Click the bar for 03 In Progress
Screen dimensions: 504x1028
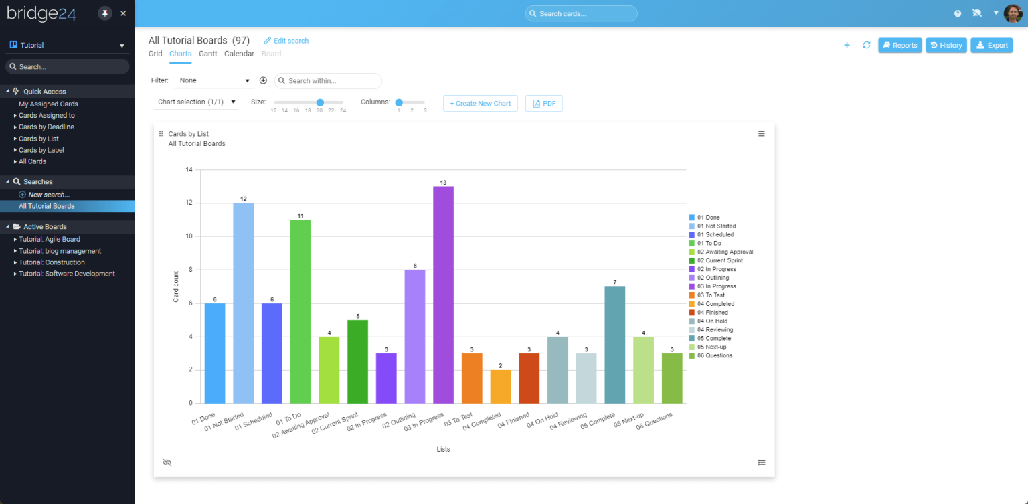pyautogui.click(x=443, y=295)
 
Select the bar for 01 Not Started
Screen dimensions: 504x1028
pyautogui.click(x=243, y=303)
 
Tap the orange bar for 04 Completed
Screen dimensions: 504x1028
pyautogui.click(x=500, y=386)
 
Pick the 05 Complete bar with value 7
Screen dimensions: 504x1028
pyautogui.click(x=614, y=345)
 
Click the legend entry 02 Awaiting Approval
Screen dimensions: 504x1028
pyautogui.click(x=725, y=252)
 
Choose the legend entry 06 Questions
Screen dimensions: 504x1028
pyautogui.click(x=714, y=355)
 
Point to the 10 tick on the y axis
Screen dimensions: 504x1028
pyautogui.click(x=189, y=236)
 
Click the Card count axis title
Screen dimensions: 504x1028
pyautogui.click(x=176, y=286)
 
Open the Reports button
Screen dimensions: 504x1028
pyautogui.click(x=899, y=46)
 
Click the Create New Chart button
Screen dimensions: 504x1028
pyautogui.click(x=480, y=104)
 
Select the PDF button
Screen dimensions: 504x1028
pyautogui.click(x=543, y=104)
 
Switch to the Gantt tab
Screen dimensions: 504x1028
pyautogui.click(x=208, y=54)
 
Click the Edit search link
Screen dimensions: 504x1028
pyautogui.click(x=286, y=41)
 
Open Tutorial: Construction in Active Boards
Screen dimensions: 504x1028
pyautogui.click(x=52, y=262)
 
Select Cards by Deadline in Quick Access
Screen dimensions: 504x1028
pyautogui.click(x=46, y=127)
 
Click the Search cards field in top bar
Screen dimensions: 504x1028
pyautogui.click(x=581, y=13)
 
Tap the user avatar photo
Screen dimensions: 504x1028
pyautogui.click(x=1013, y=13)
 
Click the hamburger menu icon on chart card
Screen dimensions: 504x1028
pyautogui.click(x=761, y=134)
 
